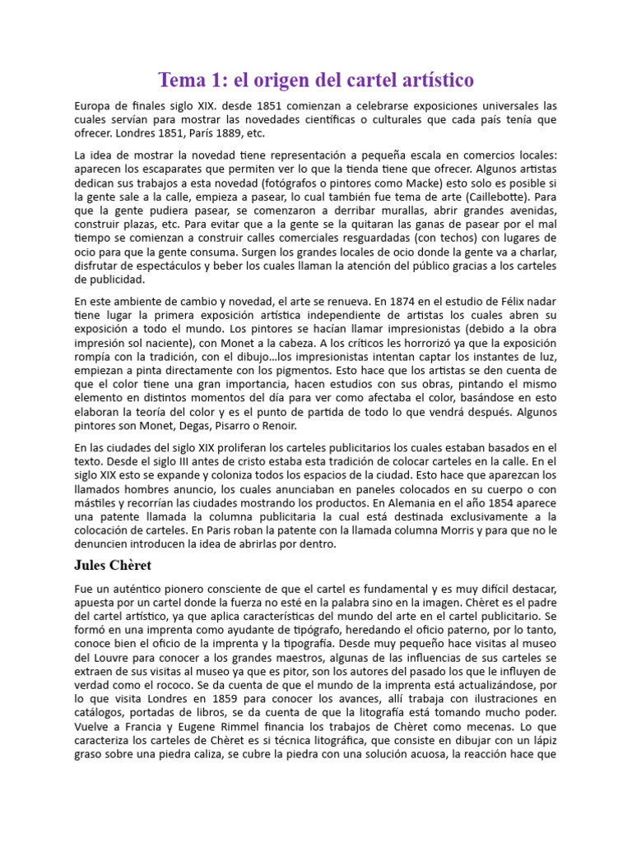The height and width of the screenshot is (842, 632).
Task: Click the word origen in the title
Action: pos(286,81)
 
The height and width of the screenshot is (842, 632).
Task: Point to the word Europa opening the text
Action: pos(93,105)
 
